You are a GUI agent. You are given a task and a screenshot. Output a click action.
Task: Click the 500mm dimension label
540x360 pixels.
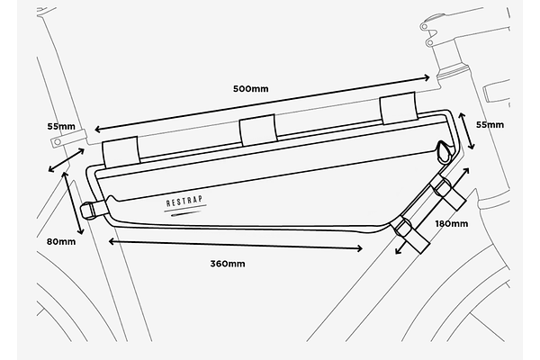[251, 89]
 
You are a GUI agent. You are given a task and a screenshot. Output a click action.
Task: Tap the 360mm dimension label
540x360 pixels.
[228, 264]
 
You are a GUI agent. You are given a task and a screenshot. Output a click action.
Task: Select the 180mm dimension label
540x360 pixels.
[452, 224]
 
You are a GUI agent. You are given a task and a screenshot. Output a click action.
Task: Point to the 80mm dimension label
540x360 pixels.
[61, 242]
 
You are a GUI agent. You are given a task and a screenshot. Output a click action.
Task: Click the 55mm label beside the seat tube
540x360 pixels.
[61, 126]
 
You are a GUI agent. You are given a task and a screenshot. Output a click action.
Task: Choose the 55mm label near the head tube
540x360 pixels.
[490, 125]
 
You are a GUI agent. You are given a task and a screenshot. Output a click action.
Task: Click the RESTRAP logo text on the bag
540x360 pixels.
[184, 202]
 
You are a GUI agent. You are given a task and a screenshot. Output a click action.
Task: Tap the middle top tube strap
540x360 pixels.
[258, 130]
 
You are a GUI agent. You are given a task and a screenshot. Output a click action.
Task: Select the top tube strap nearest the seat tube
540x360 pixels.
[121, 152]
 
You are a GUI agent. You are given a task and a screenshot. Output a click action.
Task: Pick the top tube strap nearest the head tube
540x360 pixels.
[399, 108]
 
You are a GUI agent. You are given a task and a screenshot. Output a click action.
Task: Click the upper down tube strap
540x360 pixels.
[447, 193]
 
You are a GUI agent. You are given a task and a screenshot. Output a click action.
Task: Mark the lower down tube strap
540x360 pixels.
[411, 235]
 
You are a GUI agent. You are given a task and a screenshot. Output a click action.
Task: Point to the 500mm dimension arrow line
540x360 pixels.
[262, 103]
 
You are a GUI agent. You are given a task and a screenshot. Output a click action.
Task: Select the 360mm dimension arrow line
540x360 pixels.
[236, 245]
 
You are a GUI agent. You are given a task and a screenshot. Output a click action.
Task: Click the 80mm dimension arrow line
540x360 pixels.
[73, 202]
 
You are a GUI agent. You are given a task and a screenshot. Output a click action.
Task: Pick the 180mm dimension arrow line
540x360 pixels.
[432, 211]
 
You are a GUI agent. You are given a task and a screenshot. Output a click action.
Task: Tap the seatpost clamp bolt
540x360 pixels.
[58, 141]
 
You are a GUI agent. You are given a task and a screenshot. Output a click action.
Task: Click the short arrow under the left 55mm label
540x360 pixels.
[66, 160]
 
